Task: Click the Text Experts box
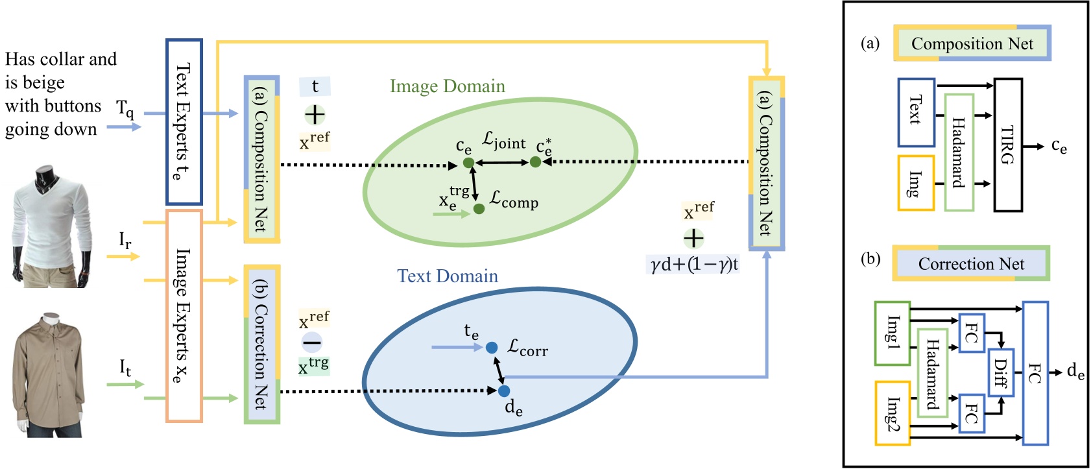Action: point(184,122)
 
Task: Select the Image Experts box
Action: point(184,315)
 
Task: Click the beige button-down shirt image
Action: point(49,375)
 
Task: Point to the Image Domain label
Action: point(447,86)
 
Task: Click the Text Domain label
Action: point(448,276)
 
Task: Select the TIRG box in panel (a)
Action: point(1008,145)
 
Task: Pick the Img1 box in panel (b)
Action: point(892,333)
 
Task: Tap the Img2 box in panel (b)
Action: point(892,413)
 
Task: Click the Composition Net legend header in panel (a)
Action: point(972,43)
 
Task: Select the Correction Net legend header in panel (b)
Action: point(971,263)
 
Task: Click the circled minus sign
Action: point(312,342)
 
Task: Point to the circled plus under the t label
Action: point(315,115)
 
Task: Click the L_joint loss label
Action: point(504,141)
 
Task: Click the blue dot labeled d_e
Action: point(504,391)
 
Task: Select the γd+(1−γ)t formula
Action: point(695,265)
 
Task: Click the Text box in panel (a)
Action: point(916,112)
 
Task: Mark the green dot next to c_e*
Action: point(535,162)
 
